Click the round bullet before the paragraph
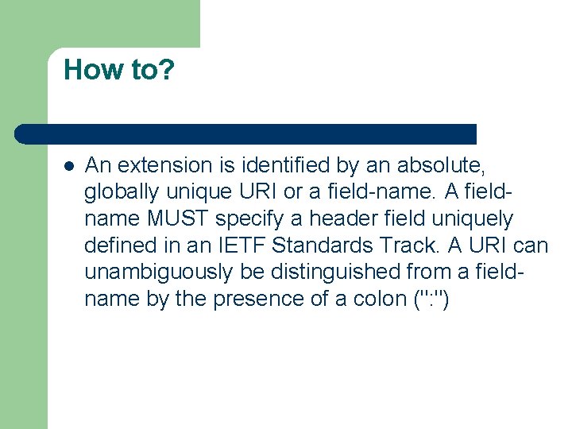69,167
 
